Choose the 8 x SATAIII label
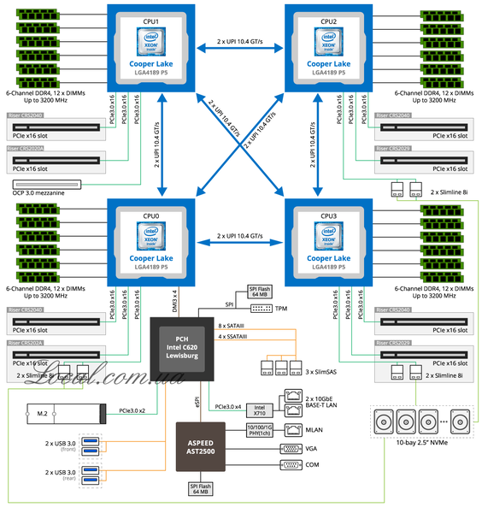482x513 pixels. (232, 326)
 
